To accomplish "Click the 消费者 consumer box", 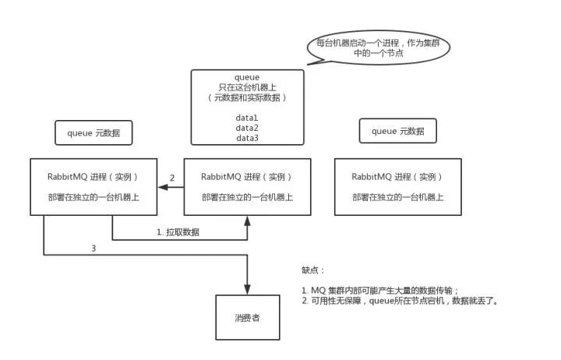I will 248,318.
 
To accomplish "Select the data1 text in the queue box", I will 247,118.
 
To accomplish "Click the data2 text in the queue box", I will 247,128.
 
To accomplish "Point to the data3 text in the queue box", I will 247,138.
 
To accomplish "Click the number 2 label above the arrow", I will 172,178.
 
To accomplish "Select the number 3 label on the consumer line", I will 93,249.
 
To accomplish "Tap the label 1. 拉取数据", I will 178,231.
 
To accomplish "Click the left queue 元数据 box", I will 93,132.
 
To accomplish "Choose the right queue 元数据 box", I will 397,131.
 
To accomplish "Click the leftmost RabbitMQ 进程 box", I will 93,186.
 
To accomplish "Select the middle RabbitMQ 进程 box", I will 247,186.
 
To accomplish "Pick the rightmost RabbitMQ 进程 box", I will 397,186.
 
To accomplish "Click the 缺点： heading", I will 313,270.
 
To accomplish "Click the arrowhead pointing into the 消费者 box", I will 248,289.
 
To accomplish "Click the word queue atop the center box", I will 247,78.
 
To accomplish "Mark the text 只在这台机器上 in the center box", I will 247,88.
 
